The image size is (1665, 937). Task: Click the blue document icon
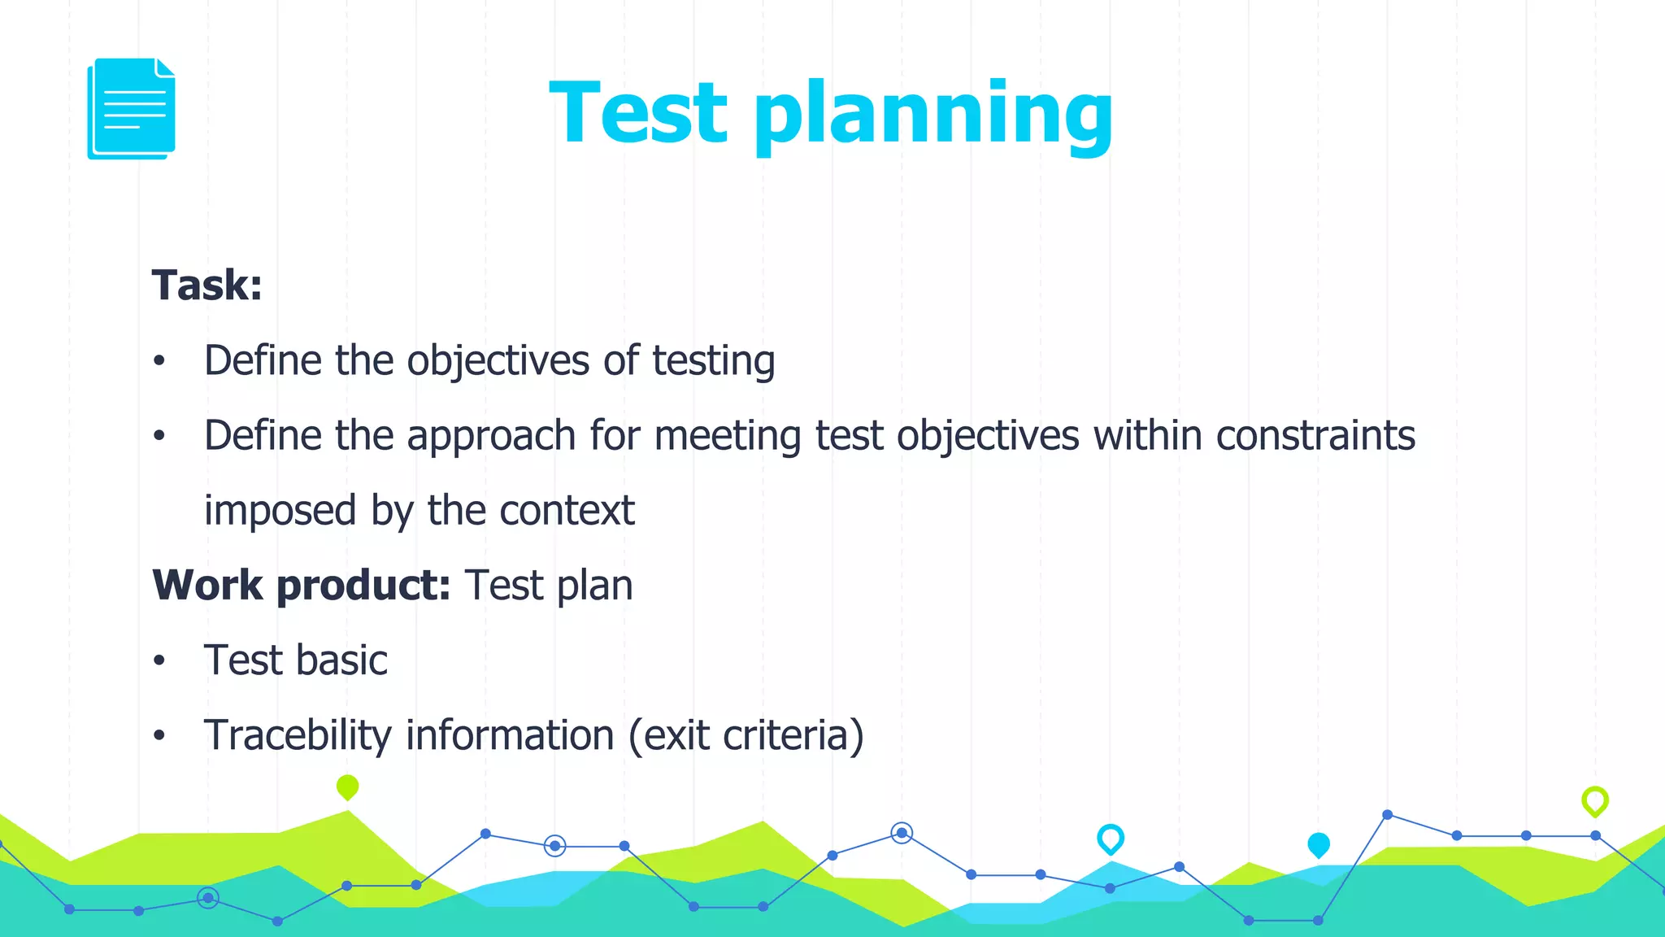pos(132,108)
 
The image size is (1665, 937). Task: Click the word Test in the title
pos(638,113)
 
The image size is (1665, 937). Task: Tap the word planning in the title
pos(932,115)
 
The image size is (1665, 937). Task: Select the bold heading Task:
pos(207,285)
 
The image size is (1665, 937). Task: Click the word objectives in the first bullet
pos(498,361)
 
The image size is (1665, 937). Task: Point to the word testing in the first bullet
pos(714,361)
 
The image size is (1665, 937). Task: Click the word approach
pos(491,437)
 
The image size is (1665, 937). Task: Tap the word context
pos(567,511)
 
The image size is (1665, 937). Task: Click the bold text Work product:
pos(302,586)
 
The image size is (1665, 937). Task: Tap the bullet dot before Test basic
pos(159,661)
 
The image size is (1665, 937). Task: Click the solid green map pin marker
pos(347,787)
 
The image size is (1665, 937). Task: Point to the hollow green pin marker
pos(1594,800)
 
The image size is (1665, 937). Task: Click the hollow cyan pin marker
pos(1110,838)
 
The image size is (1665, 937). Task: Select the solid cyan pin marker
pos(1318,845)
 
